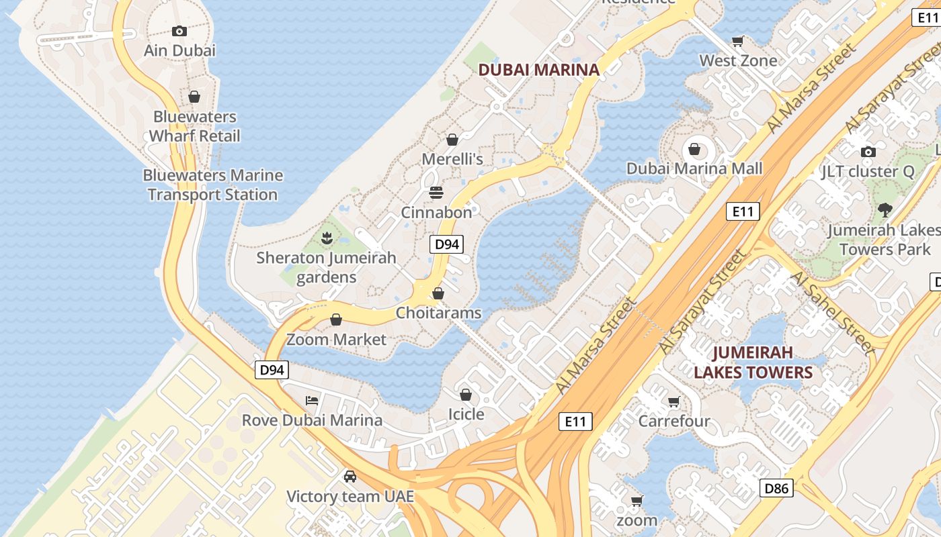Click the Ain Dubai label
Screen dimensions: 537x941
[179, 50]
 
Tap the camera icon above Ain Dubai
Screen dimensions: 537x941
[179, 31]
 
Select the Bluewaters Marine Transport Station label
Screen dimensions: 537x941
[212, 185]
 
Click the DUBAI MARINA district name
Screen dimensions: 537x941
[538, 69]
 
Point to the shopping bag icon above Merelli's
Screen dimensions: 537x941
[452, 140]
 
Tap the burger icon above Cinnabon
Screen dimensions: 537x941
[436, 193]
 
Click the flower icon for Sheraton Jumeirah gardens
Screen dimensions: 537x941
[327, 237]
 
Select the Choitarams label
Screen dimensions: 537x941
[438, 313]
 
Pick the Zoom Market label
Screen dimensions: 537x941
[336, 339]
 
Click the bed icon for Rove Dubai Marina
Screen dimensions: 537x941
[312, 401]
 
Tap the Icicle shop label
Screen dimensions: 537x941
[466, 414]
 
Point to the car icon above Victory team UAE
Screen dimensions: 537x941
[350, 477]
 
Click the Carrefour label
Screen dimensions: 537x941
[673, 421]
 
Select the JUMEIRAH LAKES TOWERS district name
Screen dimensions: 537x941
[753, 362]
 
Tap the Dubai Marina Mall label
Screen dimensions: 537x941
[694, 168]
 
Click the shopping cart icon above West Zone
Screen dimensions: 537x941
[738, 41]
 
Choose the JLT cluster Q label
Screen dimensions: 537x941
[868, 171]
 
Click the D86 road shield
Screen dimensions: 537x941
[776, 488]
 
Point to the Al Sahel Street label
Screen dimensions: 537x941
[832, 312]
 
